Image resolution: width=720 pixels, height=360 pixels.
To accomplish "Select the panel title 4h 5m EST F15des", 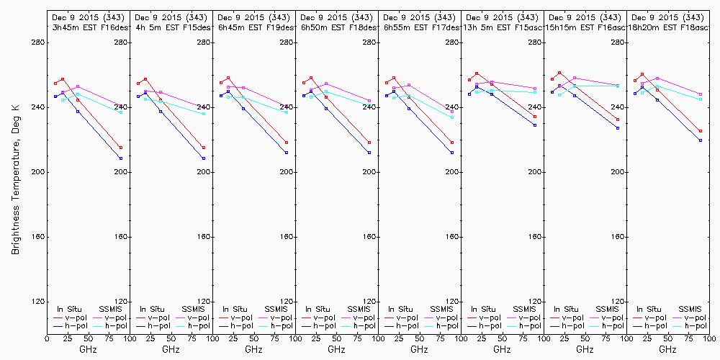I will (x=171, y=27).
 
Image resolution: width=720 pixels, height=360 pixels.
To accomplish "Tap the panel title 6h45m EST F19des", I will (x=253, y=27).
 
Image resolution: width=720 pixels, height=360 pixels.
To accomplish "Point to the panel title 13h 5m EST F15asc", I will (x=502, y=27).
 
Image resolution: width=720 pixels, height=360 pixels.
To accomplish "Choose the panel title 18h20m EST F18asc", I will (x=667, y=27).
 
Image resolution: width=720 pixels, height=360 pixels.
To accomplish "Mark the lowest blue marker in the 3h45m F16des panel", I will (x=121, y=158).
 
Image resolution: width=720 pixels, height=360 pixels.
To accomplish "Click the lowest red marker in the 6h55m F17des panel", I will (x=452, y=143).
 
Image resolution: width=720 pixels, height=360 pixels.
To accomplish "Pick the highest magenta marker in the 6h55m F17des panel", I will (x=409, y=85).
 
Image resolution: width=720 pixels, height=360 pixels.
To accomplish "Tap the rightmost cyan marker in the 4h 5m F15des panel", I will (x=204, y=114).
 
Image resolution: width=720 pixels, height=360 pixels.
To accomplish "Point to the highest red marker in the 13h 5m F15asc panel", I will (x=477, y=73).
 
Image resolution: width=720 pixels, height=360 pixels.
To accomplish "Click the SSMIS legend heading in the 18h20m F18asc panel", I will (x=690, y=309).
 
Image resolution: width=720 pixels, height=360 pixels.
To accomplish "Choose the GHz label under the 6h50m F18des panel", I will (x=336, y=349).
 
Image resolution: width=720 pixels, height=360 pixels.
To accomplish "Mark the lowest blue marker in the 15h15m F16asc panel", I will (x=618, y=127).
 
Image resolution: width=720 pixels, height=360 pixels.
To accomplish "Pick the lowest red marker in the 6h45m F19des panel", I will (x=287, y=143).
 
